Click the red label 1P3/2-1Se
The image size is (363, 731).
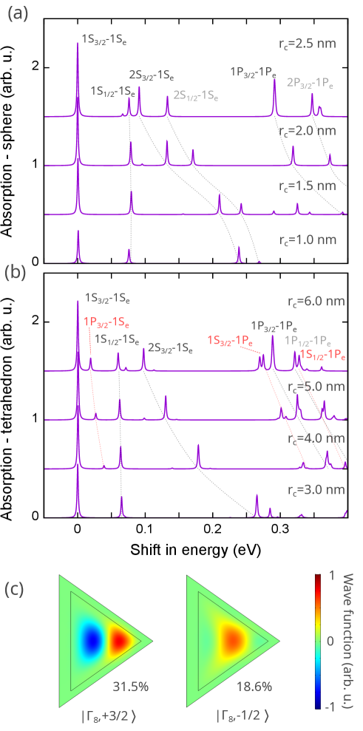click(x=106, y=323)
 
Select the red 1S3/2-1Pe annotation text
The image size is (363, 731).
click(x=230, y=341)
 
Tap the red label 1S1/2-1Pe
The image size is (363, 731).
click(x=322, y=356)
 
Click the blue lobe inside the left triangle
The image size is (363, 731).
click(x=92, y=640)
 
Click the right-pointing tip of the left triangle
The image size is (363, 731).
click(x=151, y=641)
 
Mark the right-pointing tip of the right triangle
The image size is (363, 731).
click(x=278, y=641)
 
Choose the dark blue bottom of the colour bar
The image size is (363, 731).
click(x=318, y=704)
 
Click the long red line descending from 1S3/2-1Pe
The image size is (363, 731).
click(x=285, y=414)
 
